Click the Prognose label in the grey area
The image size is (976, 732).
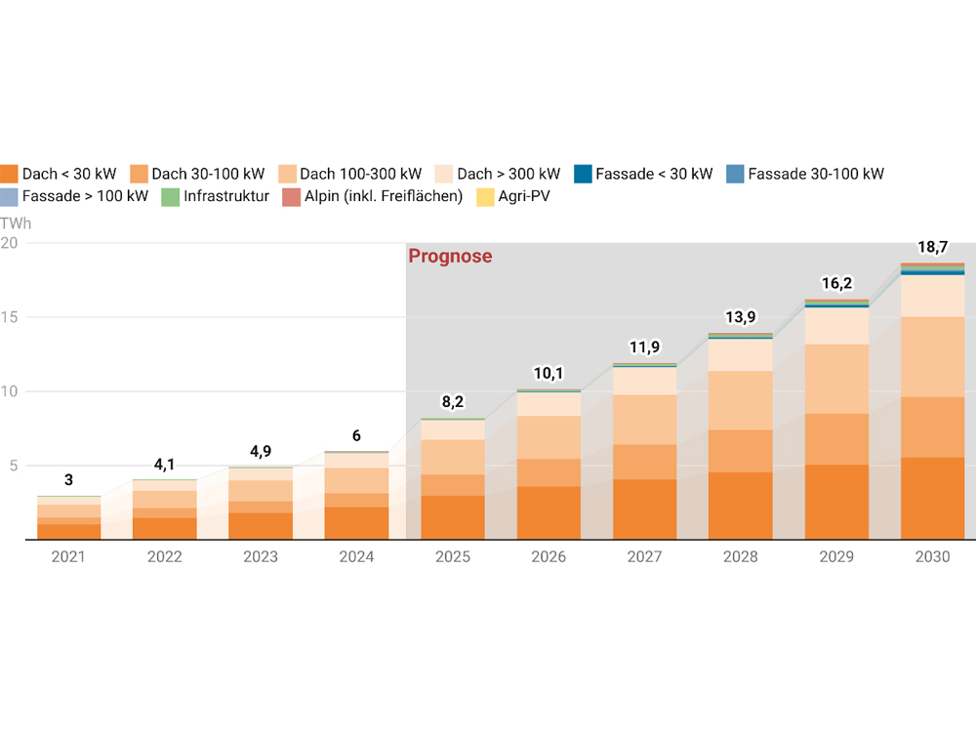(450, 257)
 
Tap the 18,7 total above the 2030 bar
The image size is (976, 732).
(932, 248)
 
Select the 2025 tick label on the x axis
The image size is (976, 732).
(452, 556)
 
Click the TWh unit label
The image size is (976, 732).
(16, 223)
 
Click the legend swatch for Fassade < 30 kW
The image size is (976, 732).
(583, 174)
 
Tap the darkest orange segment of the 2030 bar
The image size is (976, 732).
(932, 498)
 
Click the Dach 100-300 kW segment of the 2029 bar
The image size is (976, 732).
(836, 379)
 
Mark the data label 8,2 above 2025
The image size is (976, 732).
(453, 402)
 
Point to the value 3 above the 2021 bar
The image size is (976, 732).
(68, 480)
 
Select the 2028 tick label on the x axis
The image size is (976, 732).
(740, 556)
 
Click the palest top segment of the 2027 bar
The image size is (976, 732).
(644, 381)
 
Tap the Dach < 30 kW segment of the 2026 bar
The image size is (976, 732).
(549, 512)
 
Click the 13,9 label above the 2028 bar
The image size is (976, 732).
(740, 317)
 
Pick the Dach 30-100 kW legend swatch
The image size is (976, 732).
(139, 174)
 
